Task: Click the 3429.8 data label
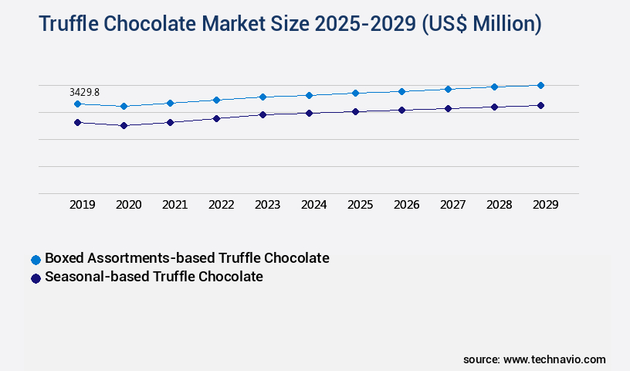point(84,92)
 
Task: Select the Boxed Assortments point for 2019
point(77,104)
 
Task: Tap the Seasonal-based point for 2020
point(124,125)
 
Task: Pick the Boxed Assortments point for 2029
point(540,85)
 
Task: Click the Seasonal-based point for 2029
point(540,105)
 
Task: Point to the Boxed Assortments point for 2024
point(309,95)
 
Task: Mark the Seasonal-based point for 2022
point(216,118)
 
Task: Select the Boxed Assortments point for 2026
point(401,91)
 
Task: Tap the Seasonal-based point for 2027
point(448,108)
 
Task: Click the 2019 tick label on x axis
point(82,205)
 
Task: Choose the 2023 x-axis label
point(267,205)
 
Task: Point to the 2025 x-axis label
point(360,205)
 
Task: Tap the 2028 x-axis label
point(499,205)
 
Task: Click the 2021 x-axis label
point(174,205)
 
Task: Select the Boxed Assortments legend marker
point(35,259)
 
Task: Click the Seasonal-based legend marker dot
point(35,278)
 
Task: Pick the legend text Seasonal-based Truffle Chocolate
point(154,277)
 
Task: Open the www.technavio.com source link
point(554,359)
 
